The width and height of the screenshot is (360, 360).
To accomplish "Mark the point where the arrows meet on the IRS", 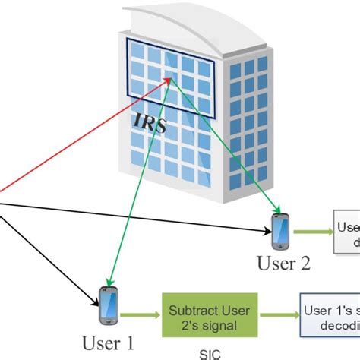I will coord(172,81).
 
